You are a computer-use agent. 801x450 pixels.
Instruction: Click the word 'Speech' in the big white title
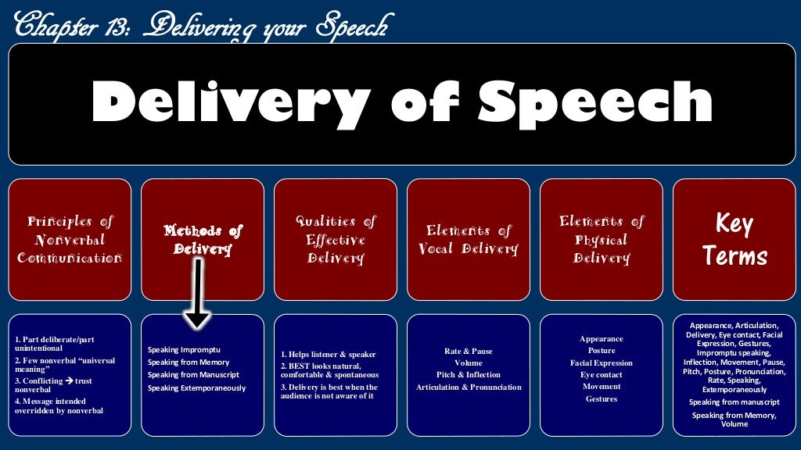[595, 103]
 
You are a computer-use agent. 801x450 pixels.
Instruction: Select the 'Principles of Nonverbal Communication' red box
[70, 239]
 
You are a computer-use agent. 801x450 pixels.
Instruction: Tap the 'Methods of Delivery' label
[203, 239]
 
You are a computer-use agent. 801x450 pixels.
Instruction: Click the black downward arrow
[198, 294]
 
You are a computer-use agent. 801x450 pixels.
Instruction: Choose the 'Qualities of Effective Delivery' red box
[336, 239]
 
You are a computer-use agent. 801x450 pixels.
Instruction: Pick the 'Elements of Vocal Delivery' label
[469, 239]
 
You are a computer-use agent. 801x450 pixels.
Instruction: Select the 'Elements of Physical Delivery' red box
[602, 239]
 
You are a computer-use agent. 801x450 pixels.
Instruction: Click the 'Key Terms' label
[735, 239]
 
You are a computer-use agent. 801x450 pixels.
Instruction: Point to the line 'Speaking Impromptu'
[184, 349]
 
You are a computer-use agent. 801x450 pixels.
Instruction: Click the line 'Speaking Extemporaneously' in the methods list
[196, 387]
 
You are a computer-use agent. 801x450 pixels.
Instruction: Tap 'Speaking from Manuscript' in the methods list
[193, 375]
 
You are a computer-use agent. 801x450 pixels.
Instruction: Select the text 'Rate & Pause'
[469, 351]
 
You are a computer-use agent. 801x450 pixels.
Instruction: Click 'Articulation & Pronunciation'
[469, 387]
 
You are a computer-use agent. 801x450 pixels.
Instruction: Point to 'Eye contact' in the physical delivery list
[602, 375]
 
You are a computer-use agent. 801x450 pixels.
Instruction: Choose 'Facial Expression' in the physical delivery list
[602, 363]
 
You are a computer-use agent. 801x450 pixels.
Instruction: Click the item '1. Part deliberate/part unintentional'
[55, 344]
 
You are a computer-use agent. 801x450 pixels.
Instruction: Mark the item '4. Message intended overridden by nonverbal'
[59, 405]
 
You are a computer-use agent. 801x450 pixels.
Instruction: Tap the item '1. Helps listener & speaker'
[329, 355]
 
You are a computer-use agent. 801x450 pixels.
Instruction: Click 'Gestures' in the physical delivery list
[602, 399]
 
